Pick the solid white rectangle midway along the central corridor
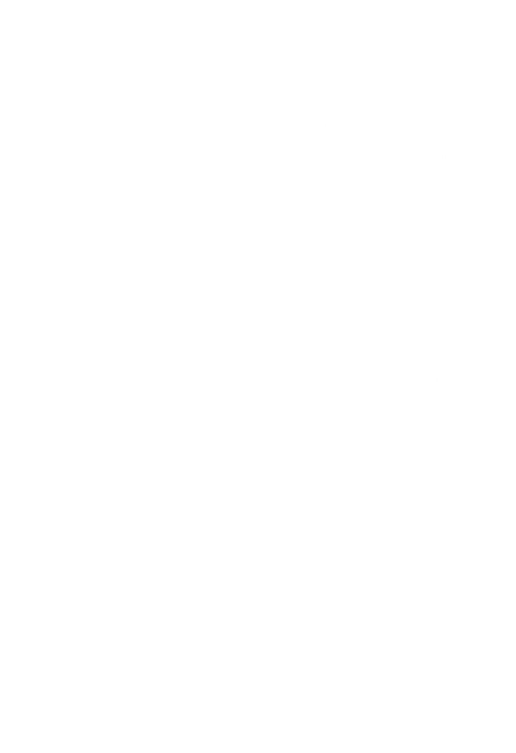click(305, 442)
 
